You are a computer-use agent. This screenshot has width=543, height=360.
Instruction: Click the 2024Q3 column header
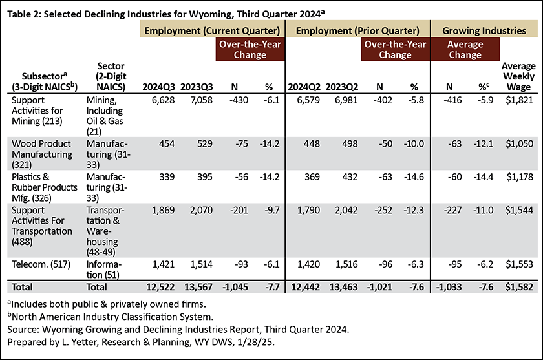click(x=158, y=87)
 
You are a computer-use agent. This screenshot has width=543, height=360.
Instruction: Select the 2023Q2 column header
click(x=342, y=87)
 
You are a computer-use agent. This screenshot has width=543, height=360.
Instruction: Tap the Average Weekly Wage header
click(x=518, y=76)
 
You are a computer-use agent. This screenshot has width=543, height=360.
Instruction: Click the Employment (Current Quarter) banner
click(x=212, y=31)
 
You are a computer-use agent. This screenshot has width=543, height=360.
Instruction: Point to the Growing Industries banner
click(x=484, y=31)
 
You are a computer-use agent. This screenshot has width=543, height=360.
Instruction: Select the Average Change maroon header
click(x=465, y=49)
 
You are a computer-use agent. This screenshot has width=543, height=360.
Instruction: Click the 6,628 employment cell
click(x=163, y=100)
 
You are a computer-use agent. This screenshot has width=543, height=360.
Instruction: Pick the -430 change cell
click(x=239, y=100)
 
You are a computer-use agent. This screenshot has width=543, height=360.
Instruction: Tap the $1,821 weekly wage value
click(x=520, y=100)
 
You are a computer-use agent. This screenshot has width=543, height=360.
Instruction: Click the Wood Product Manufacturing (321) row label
click(x=42, y=154)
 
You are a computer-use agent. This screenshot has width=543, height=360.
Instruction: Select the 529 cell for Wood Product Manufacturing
click(x=205, y=143)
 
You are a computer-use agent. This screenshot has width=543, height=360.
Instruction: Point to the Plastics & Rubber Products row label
click(x=45, y=187)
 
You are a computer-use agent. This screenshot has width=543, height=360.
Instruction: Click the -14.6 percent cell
click(x=414, y=177)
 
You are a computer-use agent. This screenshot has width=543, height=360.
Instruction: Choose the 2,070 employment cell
click(x=201, y=210)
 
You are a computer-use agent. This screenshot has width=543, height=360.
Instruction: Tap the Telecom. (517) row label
click(x=41, y=264)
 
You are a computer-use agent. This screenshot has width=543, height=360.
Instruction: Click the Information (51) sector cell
click(x=104, y=270)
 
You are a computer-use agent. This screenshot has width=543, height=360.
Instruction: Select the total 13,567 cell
click(x=198, y=287)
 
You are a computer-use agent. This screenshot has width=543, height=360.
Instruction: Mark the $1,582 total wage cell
click(x=519, y=287)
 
